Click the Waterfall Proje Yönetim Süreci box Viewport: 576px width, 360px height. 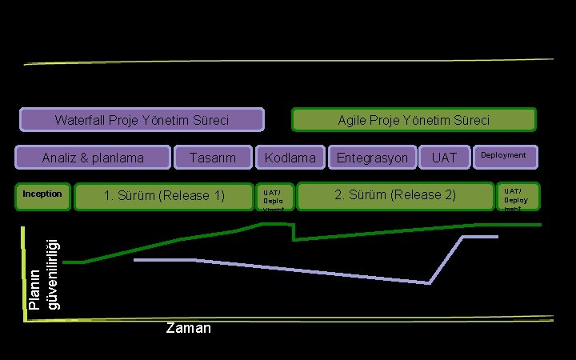coord(142,120)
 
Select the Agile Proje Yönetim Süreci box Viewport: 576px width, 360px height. coord(414,120)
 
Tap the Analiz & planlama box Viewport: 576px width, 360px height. coord(93,158)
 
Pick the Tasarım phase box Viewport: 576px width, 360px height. coord(213,158)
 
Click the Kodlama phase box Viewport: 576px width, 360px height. coord(290,158)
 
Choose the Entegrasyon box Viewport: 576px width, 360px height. coord(372,158)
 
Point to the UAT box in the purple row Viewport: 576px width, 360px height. coord(444,158)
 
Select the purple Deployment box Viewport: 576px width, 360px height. coord(504,156)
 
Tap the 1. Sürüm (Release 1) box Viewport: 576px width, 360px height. coord(164,196)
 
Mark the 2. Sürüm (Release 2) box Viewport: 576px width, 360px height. coord(395,195)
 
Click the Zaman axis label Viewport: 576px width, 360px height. coord(188,328)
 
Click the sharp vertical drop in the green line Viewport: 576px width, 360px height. coord(294,232)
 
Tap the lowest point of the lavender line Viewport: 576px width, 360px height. coord(430,282)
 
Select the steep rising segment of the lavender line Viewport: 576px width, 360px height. coord(446,259)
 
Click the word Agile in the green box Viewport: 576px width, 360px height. coord(352,120)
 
